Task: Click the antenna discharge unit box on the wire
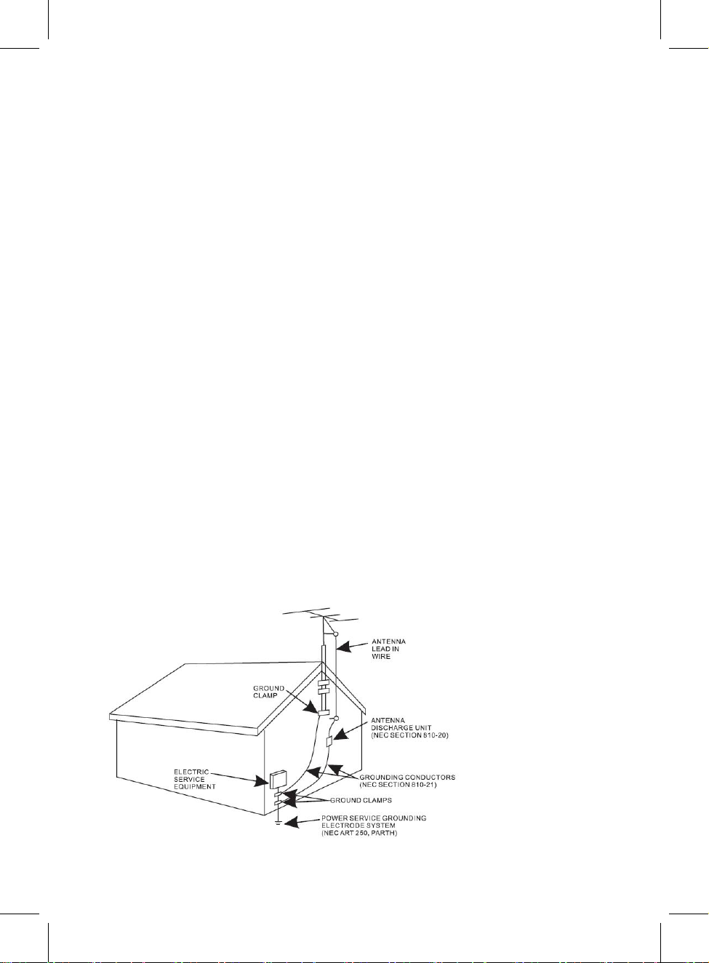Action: pyautogui.click(x=330, y=741)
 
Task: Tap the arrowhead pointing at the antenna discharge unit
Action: pyautogui.click(x=340, y=733)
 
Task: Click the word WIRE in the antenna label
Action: pyautogui.click(x=381, y=657)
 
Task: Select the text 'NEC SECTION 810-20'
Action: pyautogui.click(x=409, y=735)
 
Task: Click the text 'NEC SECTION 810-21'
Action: pyautogui.click(x=398, y=785)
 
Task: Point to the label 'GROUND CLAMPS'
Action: pyautogui.click(x=361, y=801)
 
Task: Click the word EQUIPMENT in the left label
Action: pyautogui.click(x=195, y=787)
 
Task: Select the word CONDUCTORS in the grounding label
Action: pyautogui.click(x=430, y=778)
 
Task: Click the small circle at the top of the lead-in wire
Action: pyautogui.click(x=336, y=634)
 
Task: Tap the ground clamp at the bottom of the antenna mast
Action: pyautogui.click(x=323, y=713)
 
